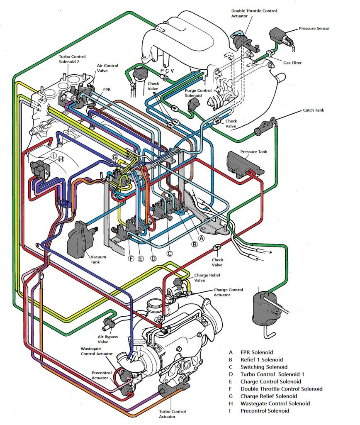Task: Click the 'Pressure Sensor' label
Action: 314,28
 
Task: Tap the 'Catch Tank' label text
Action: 313,110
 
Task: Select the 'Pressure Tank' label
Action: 253,152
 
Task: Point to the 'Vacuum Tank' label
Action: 98,259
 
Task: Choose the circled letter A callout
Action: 201,238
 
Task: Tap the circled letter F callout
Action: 131,259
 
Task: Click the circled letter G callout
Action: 115,157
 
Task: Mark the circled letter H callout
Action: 61,159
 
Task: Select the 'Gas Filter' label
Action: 292,63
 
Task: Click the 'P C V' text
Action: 167,71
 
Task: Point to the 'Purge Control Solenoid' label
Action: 198,93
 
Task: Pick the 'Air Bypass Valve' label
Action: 107,339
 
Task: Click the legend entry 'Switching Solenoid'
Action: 264,367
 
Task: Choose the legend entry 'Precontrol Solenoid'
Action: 265,410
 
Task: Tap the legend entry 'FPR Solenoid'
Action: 257,352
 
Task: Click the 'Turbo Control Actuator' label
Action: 172,414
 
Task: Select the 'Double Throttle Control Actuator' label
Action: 254,13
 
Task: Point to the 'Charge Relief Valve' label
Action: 207,278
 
